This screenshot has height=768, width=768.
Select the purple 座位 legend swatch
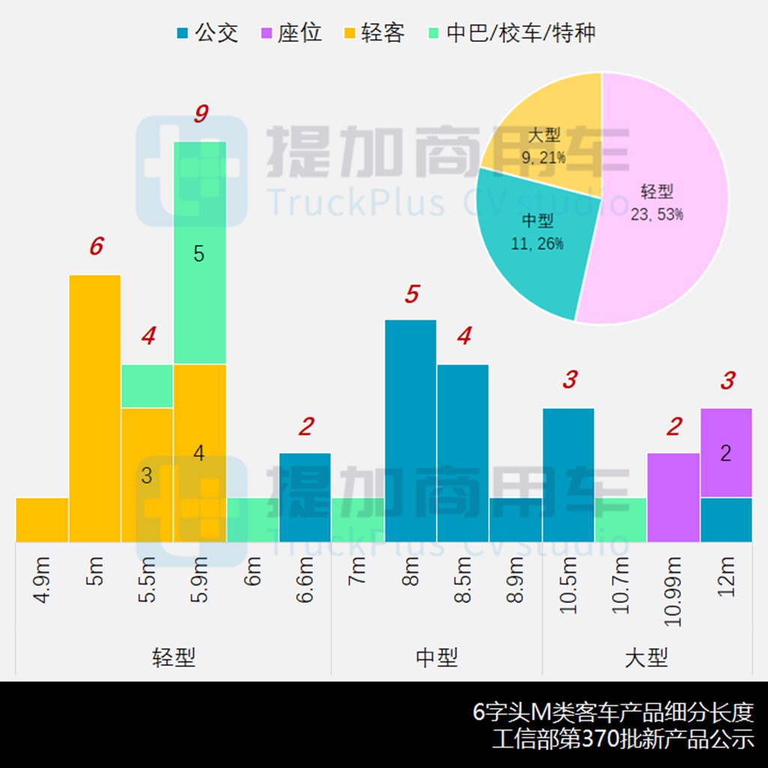pyautogui.click(x=266, y=33)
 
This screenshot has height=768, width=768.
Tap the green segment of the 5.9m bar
pyautogui.click(x=199, y=253)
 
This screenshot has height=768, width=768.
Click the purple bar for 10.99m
pyautogui.click(x=673, y=497)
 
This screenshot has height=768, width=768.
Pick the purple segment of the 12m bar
pyautogui.click(x=726, y=452)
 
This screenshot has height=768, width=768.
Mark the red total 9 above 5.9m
pyautogui.click(x=200, y=114)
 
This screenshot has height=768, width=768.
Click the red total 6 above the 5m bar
pyautogui.click(x=96, y=246)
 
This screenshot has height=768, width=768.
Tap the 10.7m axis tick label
pyautogui.click(x=620, y=584)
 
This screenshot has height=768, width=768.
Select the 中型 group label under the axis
pyautogui.click(x=436, y=658)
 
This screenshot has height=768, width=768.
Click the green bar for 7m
pyautogui.click(x=358, y=519)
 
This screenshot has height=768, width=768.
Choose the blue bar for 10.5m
pyautogui.click(x=568, y=475)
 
